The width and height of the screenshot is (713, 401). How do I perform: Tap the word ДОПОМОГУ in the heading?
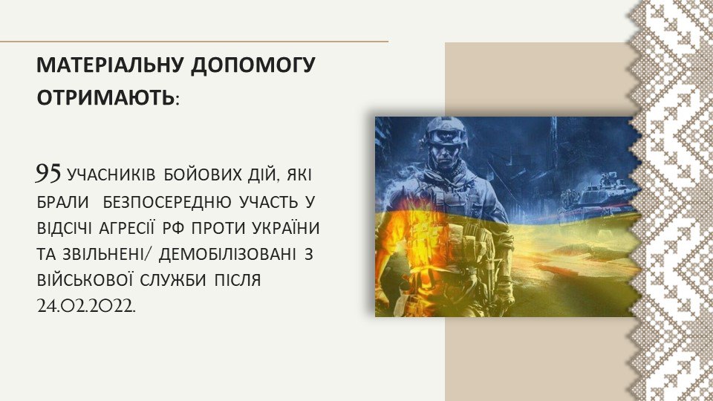[253, 65]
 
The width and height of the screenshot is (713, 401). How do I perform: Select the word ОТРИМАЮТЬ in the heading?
[105, 98]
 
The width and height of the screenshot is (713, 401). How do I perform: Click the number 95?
[48, 173]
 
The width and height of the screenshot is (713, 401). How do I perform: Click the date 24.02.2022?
[86, 306]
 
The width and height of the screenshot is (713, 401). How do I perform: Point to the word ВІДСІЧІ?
[64, 228]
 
